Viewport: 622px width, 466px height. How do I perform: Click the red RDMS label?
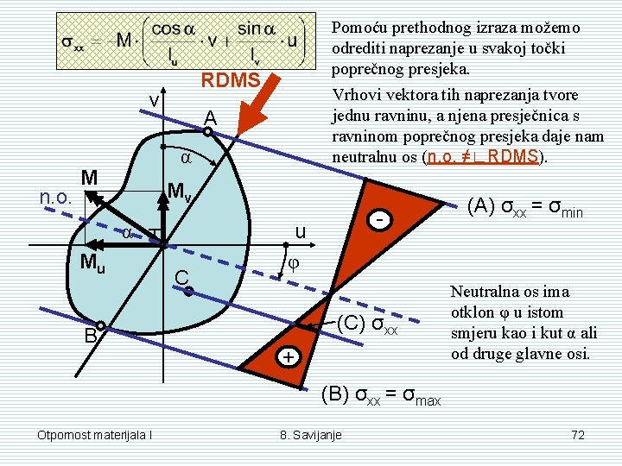pos(231,80)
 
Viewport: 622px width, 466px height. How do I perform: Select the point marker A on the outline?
pos(208,132)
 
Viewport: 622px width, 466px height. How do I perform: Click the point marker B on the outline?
pos(101,325)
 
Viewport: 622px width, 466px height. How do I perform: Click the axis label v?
pos(153,101)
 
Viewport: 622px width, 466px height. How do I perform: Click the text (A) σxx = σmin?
pos(526,207)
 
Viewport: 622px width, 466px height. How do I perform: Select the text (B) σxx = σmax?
pos(381,397)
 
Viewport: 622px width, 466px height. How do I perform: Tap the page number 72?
pos(578,433)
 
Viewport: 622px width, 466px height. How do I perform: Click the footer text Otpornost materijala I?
pos(95,433)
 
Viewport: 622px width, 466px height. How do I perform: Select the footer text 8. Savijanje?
pos(310,433)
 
